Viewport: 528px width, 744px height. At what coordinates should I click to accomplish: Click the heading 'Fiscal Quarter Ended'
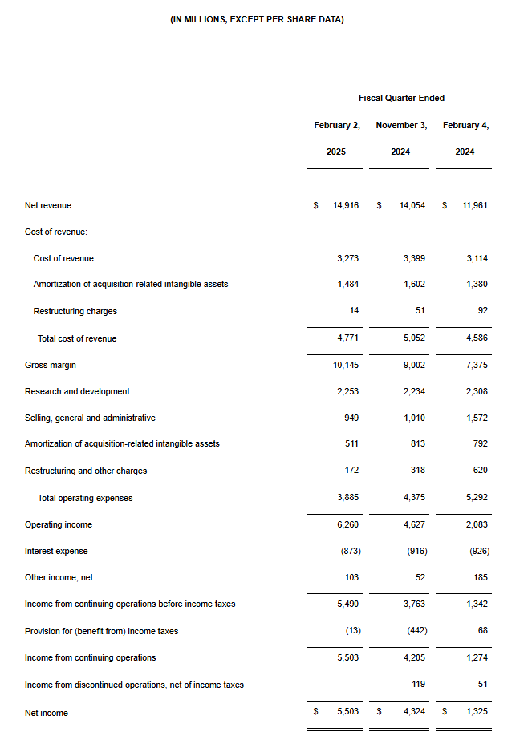coord(401,98)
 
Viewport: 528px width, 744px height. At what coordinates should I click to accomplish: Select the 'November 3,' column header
coord(401,125)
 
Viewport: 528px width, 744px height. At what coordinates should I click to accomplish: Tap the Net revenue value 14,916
coord(346,205)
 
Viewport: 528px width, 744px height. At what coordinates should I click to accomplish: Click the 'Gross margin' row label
coord(51,365)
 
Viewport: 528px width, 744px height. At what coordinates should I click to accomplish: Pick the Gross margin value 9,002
coord(414,365)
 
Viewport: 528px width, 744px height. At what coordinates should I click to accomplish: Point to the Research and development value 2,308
coord(476,391)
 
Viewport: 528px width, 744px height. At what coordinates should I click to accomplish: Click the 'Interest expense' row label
coord(56,551)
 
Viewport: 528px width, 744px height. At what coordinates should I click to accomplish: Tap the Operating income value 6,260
coord(347,524)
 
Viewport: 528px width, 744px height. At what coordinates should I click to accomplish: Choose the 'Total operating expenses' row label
coord(85,498)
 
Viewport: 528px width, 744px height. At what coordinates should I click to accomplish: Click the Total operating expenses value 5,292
coord(476,498)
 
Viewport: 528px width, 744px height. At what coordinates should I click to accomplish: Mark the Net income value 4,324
coord(414,713)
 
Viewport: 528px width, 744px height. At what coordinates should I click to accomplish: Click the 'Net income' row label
coord(47,713)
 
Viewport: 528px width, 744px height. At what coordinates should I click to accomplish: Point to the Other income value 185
coord(480,577)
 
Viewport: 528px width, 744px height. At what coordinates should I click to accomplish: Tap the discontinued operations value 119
coord(418,685)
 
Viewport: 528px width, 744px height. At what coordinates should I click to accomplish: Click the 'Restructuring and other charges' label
coord(86,471)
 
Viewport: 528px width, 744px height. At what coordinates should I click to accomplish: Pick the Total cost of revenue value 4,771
coord(347,338)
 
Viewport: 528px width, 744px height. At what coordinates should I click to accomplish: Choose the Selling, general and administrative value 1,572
coord(476,418)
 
